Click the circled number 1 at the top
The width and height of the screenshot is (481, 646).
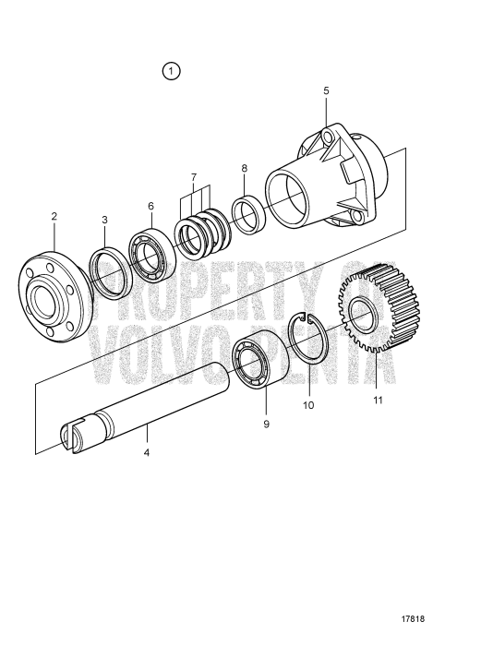[172, 72]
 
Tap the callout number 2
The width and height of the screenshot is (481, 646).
[54, 216]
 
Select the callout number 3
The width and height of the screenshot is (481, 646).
[104, 220]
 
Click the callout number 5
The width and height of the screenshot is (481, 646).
[326, 90]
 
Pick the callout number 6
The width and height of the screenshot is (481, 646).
[150, 206]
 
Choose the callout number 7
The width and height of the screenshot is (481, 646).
[194, 176]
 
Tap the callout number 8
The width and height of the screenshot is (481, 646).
[244, 168]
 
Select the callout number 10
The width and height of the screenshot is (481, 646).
[309, 404]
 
